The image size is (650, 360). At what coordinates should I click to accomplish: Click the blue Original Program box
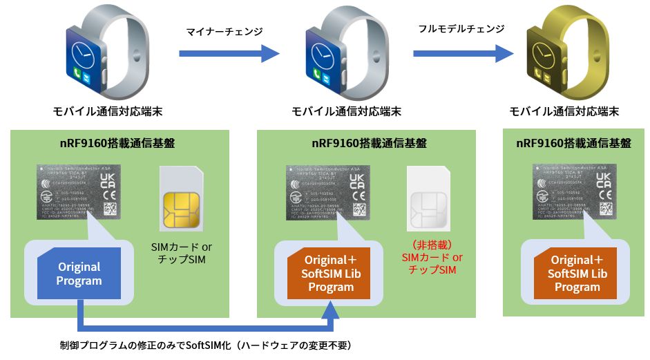(79, 274)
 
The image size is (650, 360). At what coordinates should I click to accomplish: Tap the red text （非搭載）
(432, 245)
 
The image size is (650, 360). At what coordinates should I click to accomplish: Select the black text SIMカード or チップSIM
(181, 253)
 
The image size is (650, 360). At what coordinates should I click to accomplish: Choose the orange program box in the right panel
(577, 274)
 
